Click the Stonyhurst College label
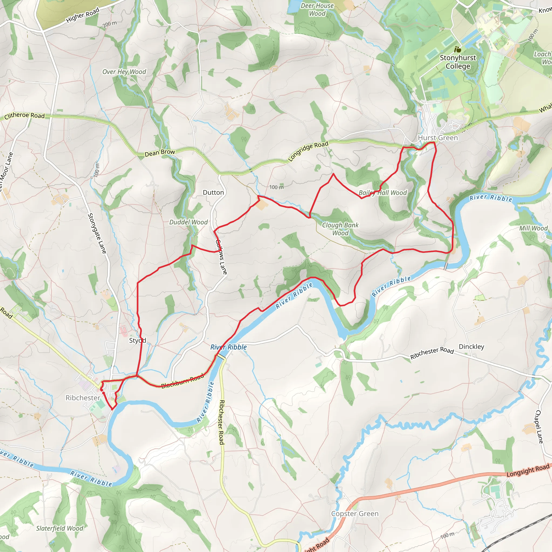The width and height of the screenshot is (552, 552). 458,62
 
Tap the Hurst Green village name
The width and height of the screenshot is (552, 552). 438,138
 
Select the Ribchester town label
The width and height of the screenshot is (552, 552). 83,398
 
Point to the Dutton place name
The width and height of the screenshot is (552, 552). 213,192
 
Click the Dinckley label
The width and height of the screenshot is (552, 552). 471,347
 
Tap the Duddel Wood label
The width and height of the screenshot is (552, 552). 189,222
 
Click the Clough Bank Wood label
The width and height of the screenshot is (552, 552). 340,229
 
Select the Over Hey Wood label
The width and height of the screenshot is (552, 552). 124,72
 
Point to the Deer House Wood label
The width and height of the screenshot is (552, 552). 317,10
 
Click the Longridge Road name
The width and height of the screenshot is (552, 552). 308,151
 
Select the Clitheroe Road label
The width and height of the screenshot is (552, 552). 25,116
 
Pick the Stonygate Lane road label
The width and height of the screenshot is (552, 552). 97,233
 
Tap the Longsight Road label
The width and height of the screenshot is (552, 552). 528,470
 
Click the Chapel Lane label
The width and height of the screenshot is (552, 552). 539,427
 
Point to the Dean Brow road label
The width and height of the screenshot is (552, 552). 160,153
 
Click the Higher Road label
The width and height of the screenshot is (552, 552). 82,15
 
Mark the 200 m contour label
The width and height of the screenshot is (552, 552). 110,24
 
